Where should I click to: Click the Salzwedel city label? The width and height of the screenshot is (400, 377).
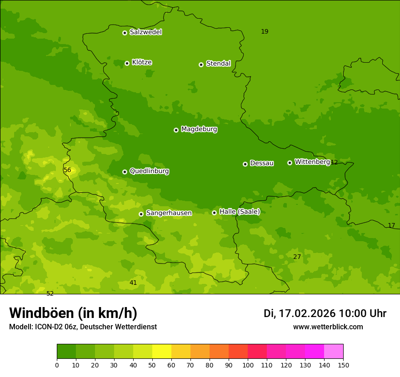pyautogui.click(x=145, y=32)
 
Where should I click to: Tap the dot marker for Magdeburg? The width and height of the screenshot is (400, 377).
pyautogui.click(x=176, y=130)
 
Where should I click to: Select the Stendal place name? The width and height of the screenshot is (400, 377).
pyautogui.click(x=218, y=64)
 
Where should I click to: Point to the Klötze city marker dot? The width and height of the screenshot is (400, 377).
pyautogui.click(x=127, y=63)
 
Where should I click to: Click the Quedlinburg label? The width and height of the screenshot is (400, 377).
pyautogui.click(x=149, y=171)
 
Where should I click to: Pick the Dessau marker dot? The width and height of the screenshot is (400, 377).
pyautogui.click(x=245, y=164)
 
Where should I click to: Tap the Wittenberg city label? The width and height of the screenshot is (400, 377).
pyautogui.click(x=312, y=162)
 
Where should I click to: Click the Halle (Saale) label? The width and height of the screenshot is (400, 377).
pyautogui.click(x=240, y=212)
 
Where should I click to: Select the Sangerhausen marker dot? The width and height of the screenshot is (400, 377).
pyautogui.click(x=141, y=214)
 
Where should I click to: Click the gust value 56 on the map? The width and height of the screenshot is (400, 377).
pyautogui.click(x=67, y=170)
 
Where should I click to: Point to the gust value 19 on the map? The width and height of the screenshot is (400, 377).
pyautogui.click(x=265, y=32)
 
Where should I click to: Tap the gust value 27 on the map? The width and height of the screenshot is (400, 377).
pyautogui.click(x=297, y=257)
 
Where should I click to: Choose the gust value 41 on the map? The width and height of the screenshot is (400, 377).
pyautogui.click(x=133, y=283)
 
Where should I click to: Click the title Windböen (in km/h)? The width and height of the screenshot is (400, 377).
pyautogui.click(x=73, y=313)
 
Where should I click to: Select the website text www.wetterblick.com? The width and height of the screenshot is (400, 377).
pyautogui.click(x=328, y=327)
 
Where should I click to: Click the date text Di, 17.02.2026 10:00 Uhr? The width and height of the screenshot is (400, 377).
pyautogui.click(x=325, y=313)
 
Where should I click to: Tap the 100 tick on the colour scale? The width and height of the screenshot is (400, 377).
pyautogui.click(x=247, y=365)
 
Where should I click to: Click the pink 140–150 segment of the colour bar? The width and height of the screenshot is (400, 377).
pyautogui.click(x=333, y=352)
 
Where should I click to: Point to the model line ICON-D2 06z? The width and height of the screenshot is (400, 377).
pyautogui.click(x=83, y=327)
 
